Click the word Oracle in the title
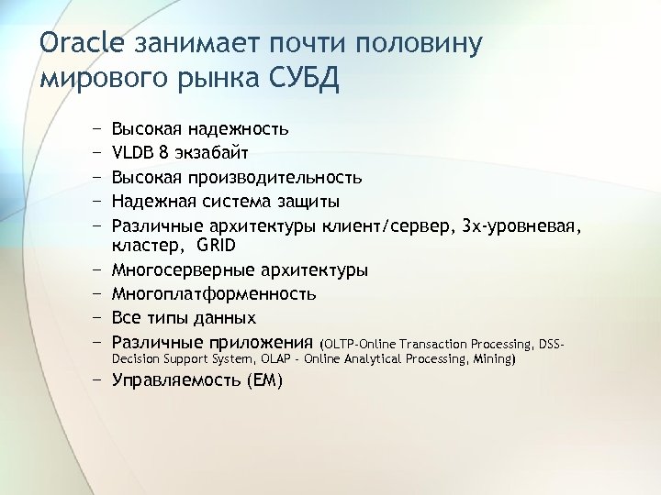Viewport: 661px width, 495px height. point(83,43)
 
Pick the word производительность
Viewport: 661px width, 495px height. point(275,176)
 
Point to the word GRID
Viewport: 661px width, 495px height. point(216,246)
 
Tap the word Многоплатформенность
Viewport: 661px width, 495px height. point(214,294)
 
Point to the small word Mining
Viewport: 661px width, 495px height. point(492,359)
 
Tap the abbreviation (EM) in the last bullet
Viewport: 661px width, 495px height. point(266,380)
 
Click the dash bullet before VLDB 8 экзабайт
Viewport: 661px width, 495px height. point(96,152)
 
